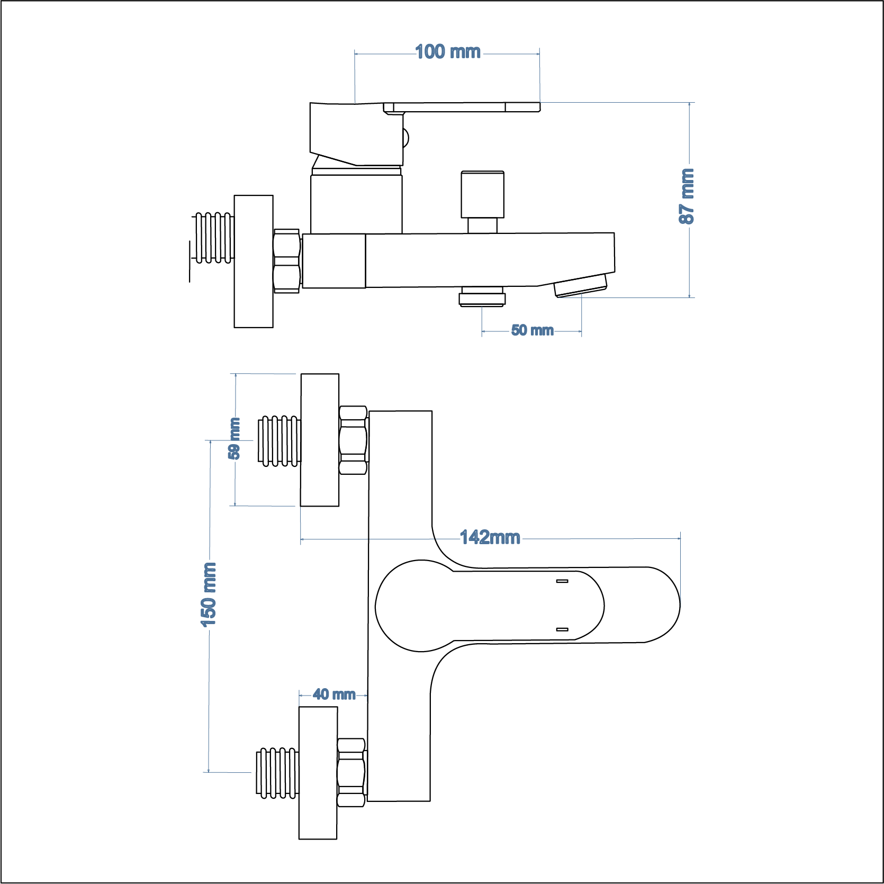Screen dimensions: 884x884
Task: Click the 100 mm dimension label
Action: [448, 52]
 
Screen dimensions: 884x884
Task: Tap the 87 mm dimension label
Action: [687, 196]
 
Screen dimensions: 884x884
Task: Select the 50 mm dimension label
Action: [532, 330]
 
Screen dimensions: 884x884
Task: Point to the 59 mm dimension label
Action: [234, 438]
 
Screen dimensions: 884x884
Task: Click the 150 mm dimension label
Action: [209, 594]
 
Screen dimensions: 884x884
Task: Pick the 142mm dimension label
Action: [490, 537]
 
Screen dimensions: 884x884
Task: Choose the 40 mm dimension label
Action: [334, 694]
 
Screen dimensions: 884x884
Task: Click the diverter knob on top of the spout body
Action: [482, 194]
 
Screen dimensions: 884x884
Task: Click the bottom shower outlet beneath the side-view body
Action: [482, 296]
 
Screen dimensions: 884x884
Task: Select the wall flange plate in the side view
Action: [254, 261]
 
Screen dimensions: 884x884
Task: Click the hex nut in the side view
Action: [286, 261]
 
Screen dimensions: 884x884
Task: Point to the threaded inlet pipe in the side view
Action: [214, 238]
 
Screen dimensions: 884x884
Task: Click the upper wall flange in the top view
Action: [320, 440]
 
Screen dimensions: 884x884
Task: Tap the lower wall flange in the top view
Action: [318, 773]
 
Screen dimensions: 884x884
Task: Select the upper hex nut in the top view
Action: [353, 440]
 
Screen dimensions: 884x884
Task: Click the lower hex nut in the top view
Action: [351, 772]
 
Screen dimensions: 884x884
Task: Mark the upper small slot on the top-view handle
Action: [562, 581]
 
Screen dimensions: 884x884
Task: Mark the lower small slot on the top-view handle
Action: [562, 629]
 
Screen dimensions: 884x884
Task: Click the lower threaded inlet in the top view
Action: [276, 773]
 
